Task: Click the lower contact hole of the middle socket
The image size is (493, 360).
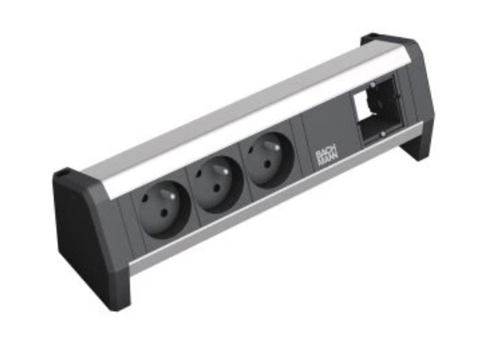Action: (217, 188)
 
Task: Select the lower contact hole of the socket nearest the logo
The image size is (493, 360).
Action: (267, 163)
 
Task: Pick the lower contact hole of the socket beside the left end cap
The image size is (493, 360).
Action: (164, 215)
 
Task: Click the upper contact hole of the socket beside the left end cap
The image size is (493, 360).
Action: (144, 199)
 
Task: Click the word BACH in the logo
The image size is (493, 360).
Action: (325, 154)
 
